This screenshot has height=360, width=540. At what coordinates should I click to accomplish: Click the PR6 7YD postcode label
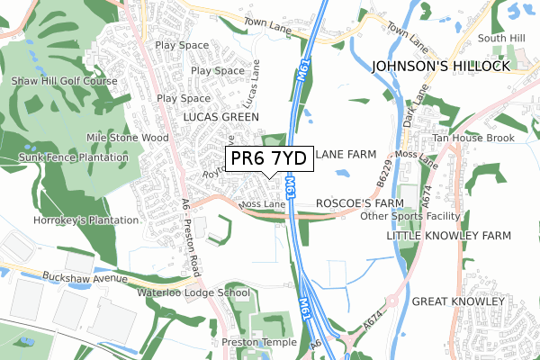click(x=268, y=159)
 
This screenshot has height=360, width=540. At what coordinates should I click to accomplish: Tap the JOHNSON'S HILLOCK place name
click(x=442, y=66)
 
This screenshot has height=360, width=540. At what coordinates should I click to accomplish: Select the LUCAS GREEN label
click(x=220, y=117)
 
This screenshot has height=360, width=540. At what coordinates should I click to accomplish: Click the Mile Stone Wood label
click(x=127, y=138)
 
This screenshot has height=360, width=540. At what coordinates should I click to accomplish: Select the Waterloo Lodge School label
click(x=193, y=292)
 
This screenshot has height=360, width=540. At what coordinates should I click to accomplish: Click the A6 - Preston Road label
click(x=191, y=236)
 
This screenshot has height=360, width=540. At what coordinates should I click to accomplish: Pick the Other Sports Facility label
click(x=409, y=217)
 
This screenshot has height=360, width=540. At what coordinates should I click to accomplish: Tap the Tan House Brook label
click(x=472, y=138)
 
